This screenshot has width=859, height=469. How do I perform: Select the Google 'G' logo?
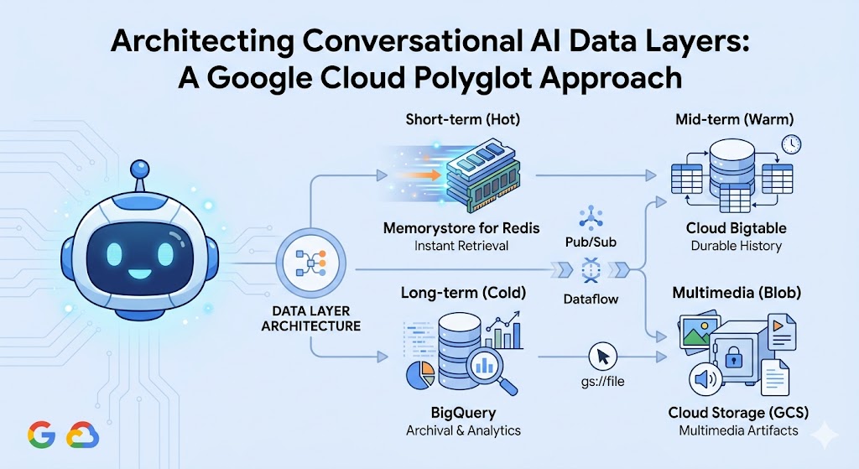[40, 434]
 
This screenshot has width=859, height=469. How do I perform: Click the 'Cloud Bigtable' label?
[736, 228]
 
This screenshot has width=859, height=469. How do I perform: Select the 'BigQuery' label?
[462, 413]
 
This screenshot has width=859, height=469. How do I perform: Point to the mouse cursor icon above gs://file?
[602, 356]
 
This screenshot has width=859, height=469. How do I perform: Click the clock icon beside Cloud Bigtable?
[789, 144]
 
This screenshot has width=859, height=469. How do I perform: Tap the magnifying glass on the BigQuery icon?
[487, 367]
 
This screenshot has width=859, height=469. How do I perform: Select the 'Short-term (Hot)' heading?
[462, 120]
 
